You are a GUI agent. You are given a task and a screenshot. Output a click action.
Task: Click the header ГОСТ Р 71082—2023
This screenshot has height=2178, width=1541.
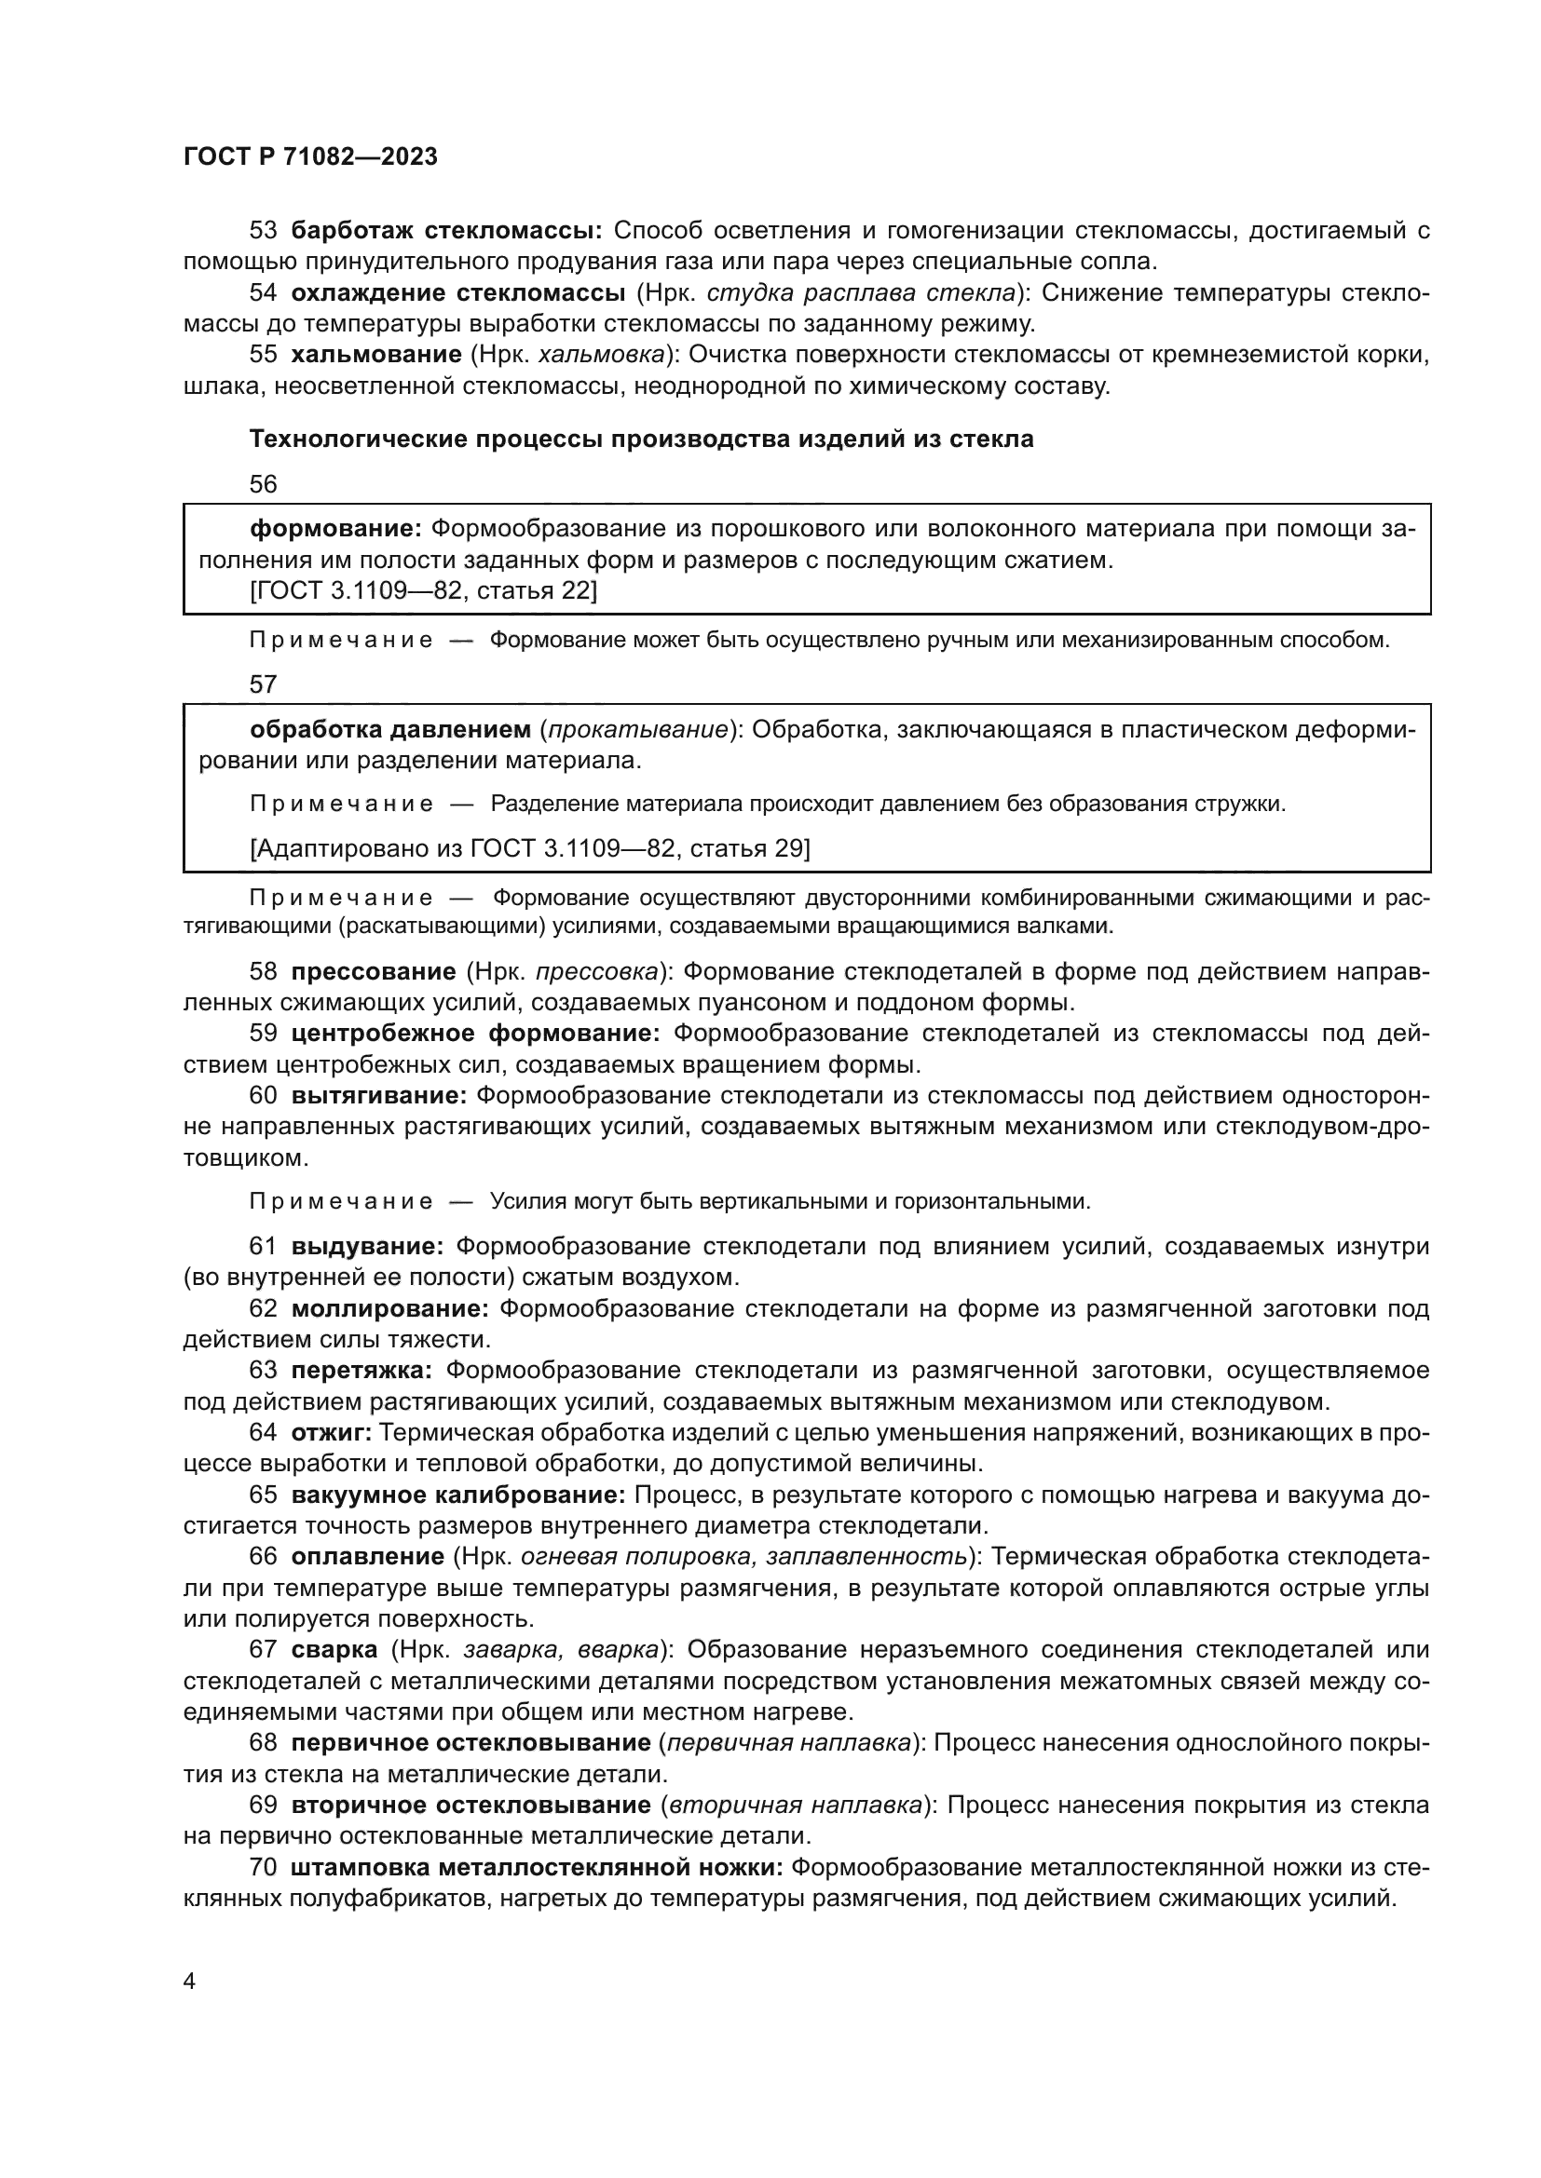point(310,157)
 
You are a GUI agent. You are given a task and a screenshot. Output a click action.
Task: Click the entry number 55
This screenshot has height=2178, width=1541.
point(263,355)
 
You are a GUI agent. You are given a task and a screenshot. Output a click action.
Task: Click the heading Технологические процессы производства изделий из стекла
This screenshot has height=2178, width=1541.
point(640,440)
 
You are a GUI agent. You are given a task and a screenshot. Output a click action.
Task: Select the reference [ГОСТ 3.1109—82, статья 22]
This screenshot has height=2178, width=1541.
point(423,591)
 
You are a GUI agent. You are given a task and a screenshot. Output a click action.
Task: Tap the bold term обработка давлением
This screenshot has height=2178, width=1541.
point(390,729)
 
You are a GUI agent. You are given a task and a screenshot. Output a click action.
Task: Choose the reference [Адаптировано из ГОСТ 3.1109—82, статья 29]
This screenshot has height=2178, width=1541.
point(529,847)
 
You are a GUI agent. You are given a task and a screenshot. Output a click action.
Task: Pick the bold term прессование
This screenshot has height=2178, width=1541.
point(373,971)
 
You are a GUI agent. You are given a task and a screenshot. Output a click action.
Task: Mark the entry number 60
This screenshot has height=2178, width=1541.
point(263,1096)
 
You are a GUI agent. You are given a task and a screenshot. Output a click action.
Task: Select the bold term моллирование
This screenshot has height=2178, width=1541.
point(389,1309)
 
